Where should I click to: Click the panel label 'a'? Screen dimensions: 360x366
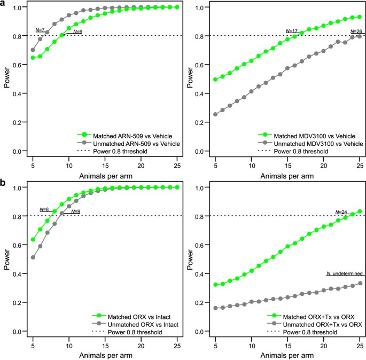pos(4,4)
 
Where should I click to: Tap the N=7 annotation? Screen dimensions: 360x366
pos(40,30)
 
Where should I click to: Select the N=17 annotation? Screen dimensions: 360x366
pos(292,31)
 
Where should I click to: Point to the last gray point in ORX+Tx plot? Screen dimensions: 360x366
pos(360,283)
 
